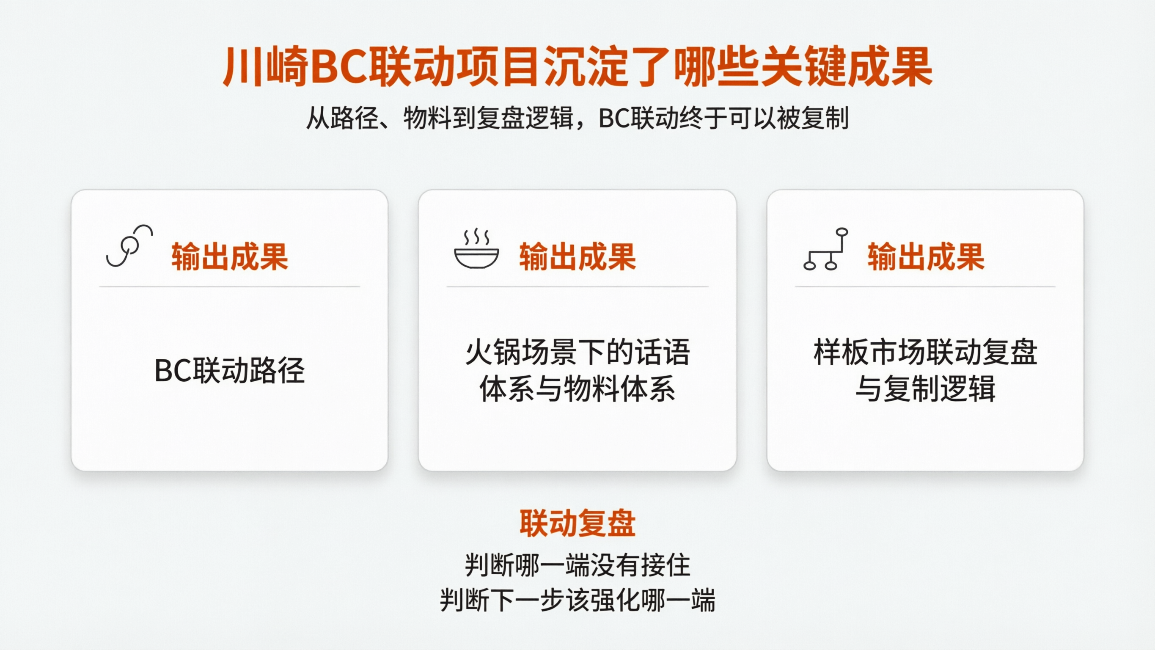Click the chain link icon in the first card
pyautogui.click(x=129, y=246)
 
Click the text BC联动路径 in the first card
pyautogui.click(x=230, y=371)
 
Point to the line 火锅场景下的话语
pyautogui.click(x=577, y=352)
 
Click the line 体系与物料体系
pyautogui.click(x=577, y=388)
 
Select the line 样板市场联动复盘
pyautogui.click(x=925, y=352)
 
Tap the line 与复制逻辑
pyautogui.click(x=925, y=388)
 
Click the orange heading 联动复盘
pyautogui.click(x=577, y=523)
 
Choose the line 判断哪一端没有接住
pyautogui.click(x=577, y=565)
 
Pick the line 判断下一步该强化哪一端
pyautogui.click(x=577, y=600)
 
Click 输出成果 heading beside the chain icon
pyautogui.click(x=230, y=257)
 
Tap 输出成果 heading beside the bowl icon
pyautogui.click(x=577, y=257)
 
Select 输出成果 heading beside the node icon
pyautogui.click(x=926, y=257)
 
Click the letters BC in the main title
pyautogui.click(x=339, y=67)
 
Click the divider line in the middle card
pyautogui.click(x=577, y=286)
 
